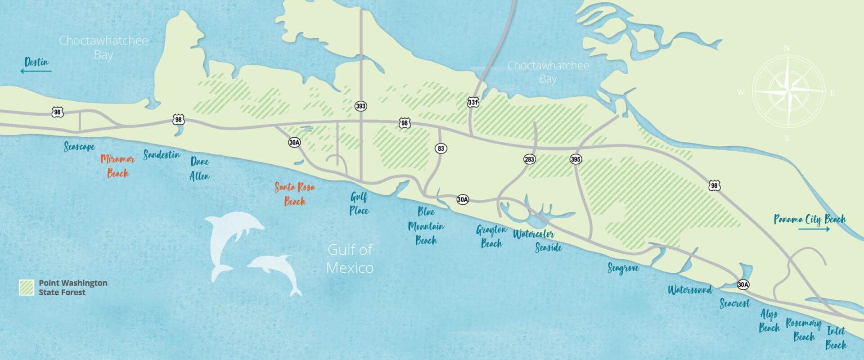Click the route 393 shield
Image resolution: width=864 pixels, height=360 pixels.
pyautogui.click(x=360, y=106)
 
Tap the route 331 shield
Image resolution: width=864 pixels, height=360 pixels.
pyautogui.click(x=472, y=102)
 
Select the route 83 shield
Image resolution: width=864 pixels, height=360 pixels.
pyautogui.click(x=441, y=148)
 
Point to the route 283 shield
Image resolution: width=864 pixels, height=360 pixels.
pyautogui.click(x=530, y=159)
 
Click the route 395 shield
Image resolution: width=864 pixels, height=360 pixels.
pyautogui.click(x=575, y=159)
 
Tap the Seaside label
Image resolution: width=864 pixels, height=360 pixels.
pyautogui.click(x=549, y=247)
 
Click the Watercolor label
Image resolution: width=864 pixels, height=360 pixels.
pyautogui.click(x=534, y=234)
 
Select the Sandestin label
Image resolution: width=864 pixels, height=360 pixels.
pyautogui.click(x=162, y=155)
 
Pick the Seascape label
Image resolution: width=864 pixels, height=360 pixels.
pyautogui.click(x=79, y=147)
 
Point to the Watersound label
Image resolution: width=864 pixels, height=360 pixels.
pyautogui.click(x=690, y=290)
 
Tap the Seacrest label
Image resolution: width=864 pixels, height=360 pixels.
pyautogui.click(x=735, y=303)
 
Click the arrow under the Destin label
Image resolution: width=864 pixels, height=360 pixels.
pyautogui.click(x=36, y=71)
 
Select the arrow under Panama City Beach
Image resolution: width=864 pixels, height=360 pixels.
pyautogui.click(x=814, y=229)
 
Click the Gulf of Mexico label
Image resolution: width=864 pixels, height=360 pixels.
pyautogui.click(x=350, y=259)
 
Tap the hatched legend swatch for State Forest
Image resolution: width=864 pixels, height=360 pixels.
pyautogui.click(x=27, y=288)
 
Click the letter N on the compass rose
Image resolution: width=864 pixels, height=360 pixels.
pyautogui.click(x=787, y=48)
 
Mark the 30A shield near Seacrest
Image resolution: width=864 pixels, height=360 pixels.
pyautogui.click(x=743, y=284)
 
